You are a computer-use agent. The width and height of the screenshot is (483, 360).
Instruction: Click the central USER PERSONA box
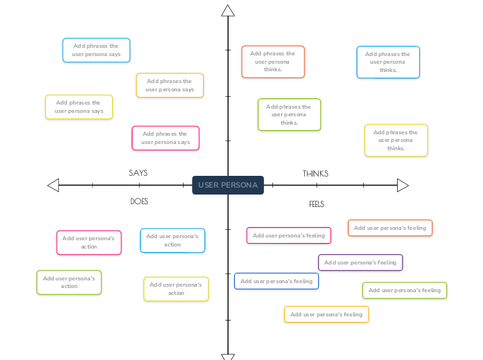[228, 185]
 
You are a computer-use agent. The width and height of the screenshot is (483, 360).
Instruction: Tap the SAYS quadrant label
[139, 173]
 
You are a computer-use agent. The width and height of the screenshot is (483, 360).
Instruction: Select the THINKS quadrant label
[315, 174]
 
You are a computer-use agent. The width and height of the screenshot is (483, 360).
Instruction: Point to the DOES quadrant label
[139, 201]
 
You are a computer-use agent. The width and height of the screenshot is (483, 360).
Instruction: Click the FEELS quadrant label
[317, 204]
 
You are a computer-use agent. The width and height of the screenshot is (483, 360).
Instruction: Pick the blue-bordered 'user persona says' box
[96, 50]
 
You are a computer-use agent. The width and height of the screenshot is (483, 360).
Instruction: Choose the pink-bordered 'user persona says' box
[166, 138]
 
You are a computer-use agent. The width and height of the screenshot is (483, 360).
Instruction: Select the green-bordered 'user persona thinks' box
[289, 114]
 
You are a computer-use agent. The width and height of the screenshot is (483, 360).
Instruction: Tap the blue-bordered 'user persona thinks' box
[388, 62]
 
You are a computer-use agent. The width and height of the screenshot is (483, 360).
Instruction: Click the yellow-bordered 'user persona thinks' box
[396, 140]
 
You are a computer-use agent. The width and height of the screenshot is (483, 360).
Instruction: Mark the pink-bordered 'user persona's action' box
[89, 242]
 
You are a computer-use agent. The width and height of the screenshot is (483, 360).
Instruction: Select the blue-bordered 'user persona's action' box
[173, 240]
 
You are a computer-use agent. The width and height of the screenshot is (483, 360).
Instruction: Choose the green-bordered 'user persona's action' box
[69, 282]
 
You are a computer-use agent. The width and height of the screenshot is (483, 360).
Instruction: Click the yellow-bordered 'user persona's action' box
[176, 289]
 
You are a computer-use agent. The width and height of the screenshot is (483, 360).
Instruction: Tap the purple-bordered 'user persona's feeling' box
[360, 262]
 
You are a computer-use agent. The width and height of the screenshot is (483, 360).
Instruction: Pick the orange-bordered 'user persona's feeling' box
[390, 228]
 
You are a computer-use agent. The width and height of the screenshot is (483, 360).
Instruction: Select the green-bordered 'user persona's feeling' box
[405, 290]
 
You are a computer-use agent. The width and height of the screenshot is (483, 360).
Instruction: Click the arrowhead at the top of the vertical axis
[228, 10]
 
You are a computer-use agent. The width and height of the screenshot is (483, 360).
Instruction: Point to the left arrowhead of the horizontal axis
[53, 185]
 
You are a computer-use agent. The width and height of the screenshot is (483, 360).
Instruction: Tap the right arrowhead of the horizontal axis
[403, 185]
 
